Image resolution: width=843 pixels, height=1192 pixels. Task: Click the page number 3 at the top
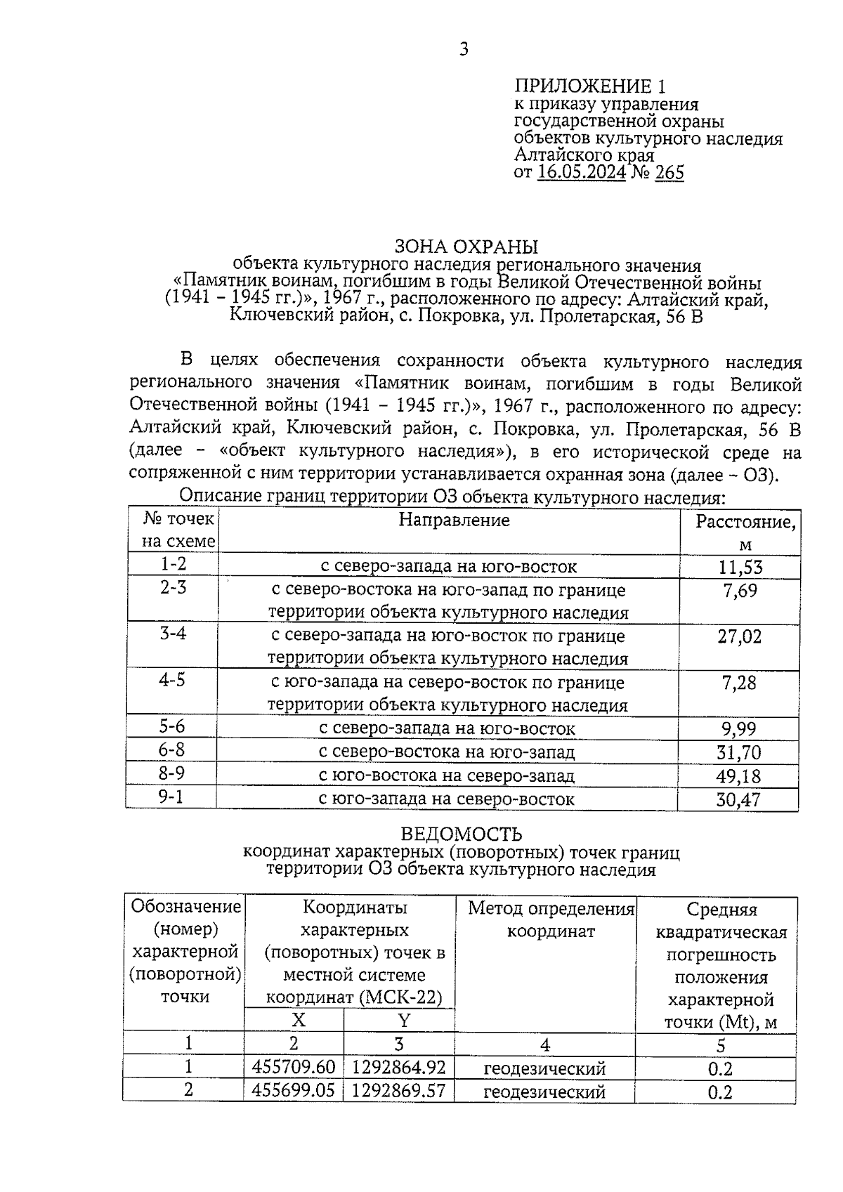tap(463, 49)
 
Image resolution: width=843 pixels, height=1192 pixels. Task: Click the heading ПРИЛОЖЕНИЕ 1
tap(589, 86)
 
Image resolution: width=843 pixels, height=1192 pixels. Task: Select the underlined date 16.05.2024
tap(581, 173)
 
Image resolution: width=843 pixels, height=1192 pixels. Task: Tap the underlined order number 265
tap(669, 173)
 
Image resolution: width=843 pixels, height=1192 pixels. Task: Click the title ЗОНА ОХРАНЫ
tap(466, 247)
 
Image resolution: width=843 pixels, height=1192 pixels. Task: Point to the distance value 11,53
tap(740, 567)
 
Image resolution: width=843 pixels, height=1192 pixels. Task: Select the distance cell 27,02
tap(739, 636)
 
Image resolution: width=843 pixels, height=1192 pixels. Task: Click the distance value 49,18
tap(738, 776)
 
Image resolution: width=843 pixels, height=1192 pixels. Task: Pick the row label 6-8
tap(171, 750)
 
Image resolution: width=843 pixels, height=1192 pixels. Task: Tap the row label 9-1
tap(171, 797)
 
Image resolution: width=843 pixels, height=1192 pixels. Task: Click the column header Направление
tap(454, 520)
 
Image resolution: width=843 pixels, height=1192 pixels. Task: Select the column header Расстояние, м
tap(745, 532)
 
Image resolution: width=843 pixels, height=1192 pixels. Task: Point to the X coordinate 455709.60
tap(294, 1068)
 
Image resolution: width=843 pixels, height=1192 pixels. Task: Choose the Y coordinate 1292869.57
tap(398, 1091)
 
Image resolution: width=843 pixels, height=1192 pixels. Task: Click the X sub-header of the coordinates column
tap(299, 1020)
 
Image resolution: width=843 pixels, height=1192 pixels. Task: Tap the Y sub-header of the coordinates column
tap(404, 1020)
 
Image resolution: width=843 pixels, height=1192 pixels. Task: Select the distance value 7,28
tap(739, 683)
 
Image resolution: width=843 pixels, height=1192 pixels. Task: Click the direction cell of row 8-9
tap(447, 776)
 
